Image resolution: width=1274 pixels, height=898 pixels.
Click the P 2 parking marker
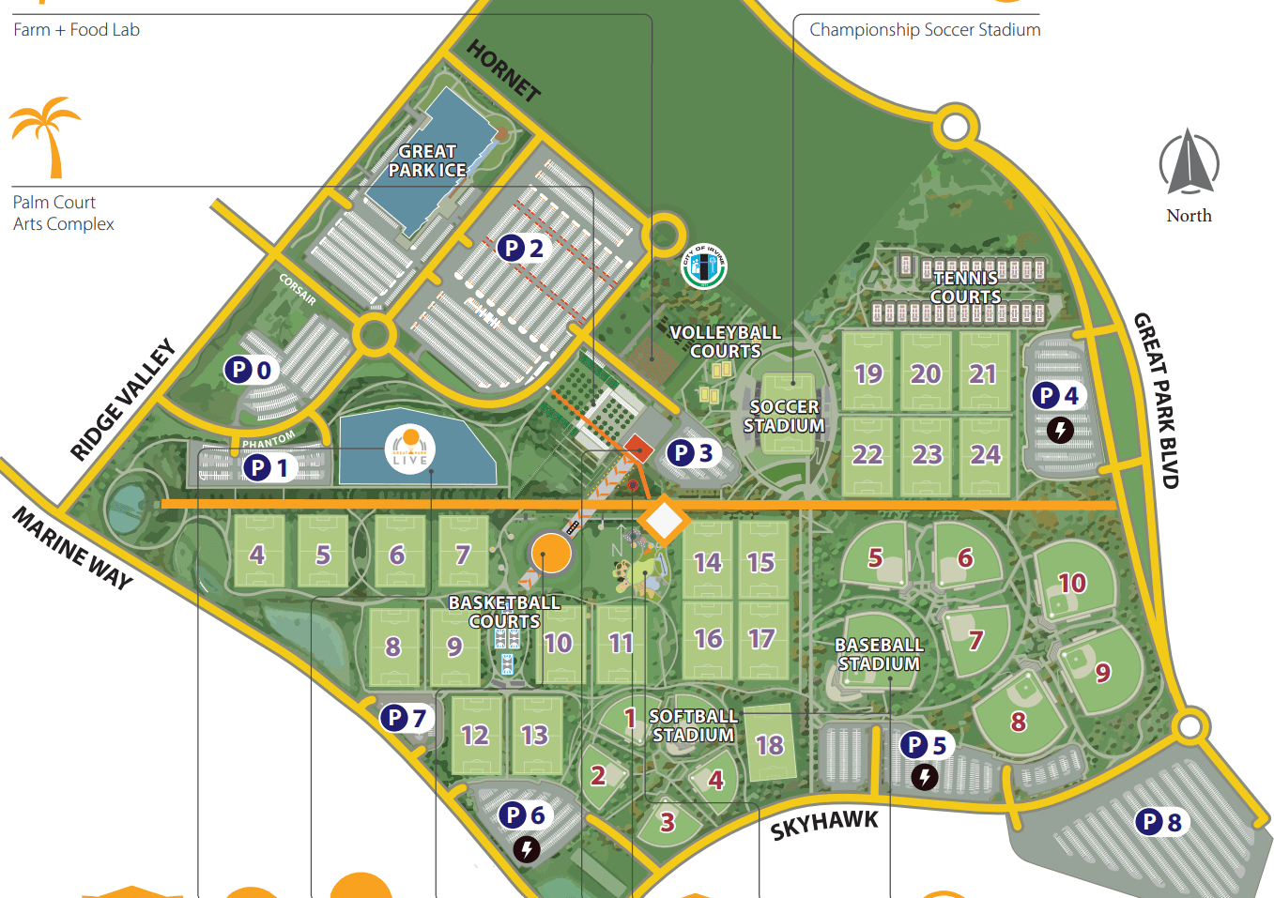pos(521,248)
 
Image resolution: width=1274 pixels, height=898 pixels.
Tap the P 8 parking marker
pos(1161,822)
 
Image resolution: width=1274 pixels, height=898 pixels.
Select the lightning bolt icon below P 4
pos(1060,431)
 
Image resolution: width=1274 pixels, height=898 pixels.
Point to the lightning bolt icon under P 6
pos(527,850)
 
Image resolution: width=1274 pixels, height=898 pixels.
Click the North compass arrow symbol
pos(1189,160)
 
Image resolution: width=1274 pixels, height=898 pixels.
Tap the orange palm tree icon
pos(45,136)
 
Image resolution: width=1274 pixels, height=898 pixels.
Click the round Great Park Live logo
pos(410,449)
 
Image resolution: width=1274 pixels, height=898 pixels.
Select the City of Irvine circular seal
pos(703,266)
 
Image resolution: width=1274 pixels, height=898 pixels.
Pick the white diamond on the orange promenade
pos(664,520)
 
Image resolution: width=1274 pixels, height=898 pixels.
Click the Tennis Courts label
pos(965,287)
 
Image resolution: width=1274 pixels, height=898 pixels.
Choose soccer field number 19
pos(868,373)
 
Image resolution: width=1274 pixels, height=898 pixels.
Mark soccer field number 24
pos(985,455)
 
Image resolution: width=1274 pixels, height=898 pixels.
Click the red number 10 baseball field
pos(1072,583)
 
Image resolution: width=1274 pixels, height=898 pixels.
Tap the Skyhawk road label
pos(824,825)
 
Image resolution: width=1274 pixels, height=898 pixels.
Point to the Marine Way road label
pos(73,547)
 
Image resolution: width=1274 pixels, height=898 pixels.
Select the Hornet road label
pos(504,70)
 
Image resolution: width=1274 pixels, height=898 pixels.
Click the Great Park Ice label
pos(427,160)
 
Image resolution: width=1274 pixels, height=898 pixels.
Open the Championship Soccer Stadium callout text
pos(925,30)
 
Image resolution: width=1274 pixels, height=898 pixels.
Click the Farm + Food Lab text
pos(76,30)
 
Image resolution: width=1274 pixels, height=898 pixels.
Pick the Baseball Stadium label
pos(879,654)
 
